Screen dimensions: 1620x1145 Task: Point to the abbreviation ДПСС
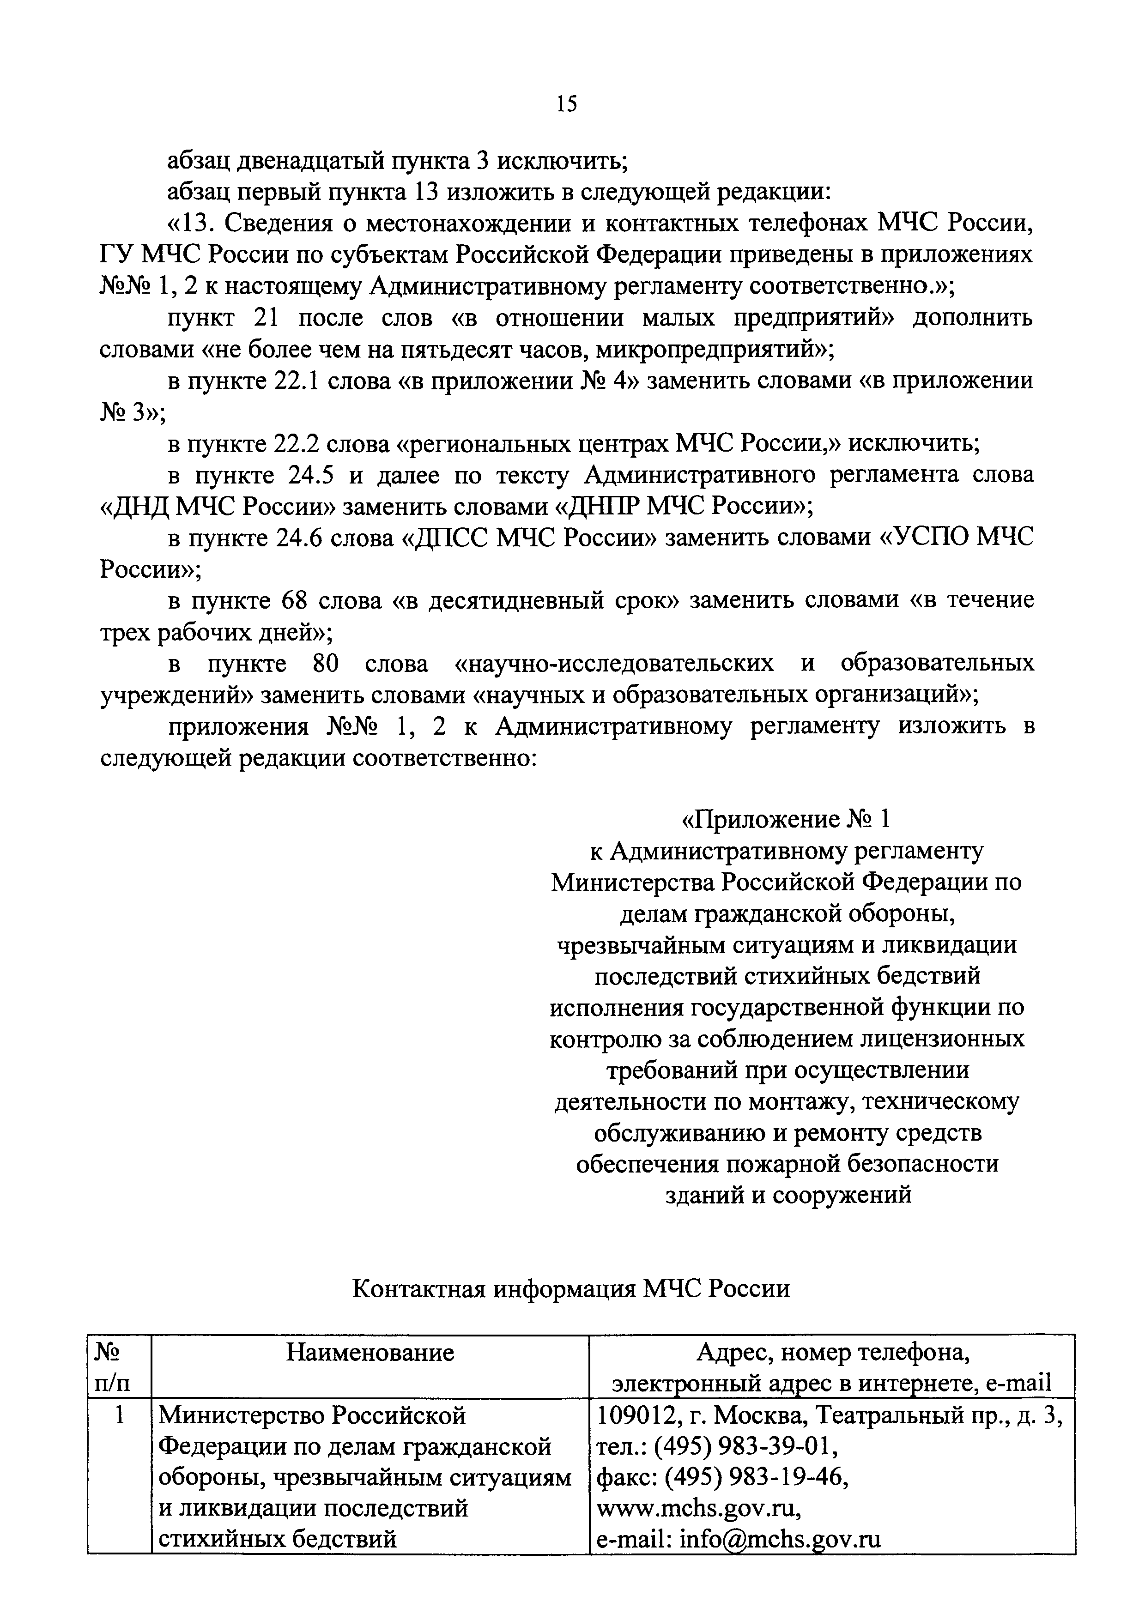[x=448, y=538]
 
